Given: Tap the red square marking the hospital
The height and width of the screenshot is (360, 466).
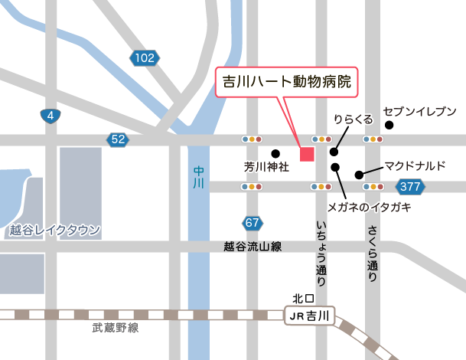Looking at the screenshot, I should point(307,153).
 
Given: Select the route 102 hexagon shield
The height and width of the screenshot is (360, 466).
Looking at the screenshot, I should point(143,57).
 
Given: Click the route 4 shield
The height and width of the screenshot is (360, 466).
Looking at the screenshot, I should point(50,116).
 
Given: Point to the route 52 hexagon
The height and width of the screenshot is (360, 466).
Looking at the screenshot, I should point(117,139).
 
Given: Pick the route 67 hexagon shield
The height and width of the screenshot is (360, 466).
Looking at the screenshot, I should point(253,223).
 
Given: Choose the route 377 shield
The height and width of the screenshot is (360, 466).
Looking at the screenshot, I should point(410,186).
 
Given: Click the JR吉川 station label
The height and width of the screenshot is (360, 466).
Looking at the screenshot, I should point(310,316).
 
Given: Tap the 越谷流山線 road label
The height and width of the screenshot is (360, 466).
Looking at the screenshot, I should point(253,247).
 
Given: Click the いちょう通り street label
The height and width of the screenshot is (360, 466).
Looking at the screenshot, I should point(321,254).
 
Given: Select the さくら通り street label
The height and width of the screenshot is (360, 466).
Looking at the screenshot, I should point(373,254).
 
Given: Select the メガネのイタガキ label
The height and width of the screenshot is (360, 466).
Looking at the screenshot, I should point(370,208).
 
